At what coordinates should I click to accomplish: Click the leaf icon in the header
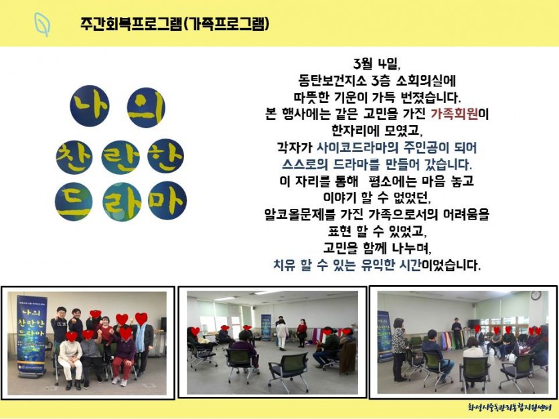pos(42,24)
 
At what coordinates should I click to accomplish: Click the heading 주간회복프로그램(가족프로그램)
pos(175,24)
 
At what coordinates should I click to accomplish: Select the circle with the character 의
pos(146,107)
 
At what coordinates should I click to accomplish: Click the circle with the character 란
pos(120,157)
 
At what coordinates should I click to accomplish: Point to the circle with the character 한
pos(166,156)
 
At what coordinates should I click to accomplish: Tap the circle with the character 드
pos(74,202)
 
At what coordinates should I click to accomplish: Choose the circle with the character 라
pos(122,202)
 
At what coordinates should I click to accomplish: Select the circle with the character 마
pos(167,200)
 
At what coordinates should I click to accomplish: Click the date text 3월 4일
pos(377,64)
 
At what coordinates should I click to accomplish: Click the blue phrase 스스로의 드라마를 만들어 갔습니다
pos(377,164)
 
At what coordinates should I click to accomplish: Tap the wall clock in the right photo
pos(536,295)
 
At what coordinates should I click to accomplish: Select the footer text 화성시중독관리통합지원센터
pos(509,407)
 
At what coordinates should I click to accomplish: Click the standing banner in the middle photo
pos(266,327)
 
